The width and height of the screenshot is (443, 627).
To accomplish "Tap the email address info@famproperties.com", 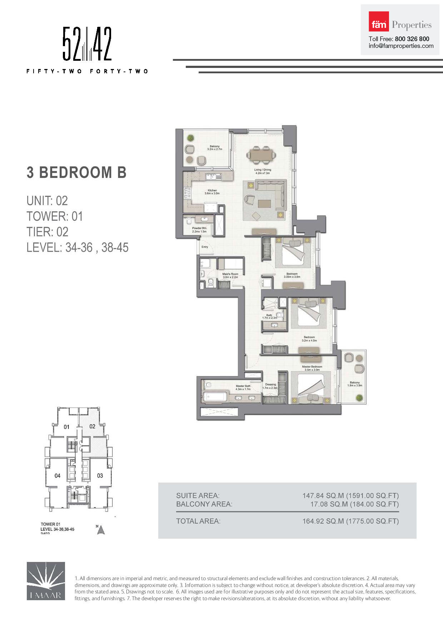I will click(x=401, y=46).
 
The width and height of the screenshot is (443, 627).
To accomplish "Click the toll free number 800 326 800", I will click(x=412, y=39).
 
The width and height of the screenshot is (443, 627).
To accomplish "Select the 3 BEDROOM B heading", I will click(x=76, y=172).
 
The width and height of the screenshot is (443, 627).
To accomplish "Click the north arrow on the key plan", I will click(x=101, y=530).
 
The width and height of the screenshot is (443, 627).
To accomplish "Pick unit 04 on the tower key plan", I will click(x=58, y=476).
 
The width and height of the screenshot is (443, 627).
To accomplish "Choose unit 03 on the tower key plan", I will click(x=100, y=476).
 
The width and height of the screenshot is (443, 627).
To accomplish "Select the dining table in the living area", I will click(x=261, y=155).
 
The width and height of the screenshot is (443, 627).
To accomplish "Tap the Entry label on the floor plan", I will click(x=205, y=247).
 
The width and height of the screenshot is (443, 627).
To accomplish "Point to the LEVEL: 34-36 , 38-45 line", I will click(x=77, y=247).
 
